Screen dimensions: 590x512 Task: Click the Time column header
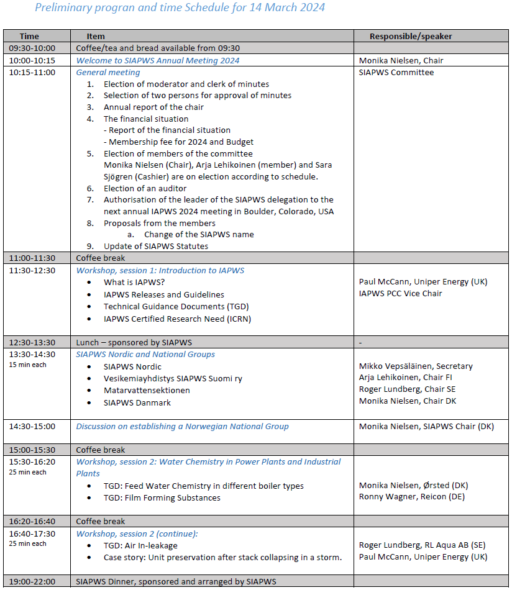point(29,36)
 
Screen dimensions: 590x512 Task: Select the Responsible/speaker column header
point(411,36)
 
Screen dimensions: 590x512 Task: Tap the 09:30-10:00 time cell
point(32,48)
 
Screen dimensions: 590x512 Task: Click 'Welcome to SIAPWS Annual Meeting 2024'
point(157,60)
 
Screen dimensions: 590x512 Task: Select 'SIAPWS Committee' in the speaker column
point(396,72)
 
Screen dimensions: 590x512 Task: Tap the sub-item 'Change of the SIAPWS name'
point(199,234)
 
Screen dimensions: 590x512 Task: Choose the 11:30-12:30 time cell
point(32,270)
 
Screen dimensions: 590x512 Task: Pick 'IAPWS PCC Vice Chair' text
point(401,293)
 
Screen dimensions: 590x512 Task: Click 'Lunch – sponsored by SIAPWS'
point(130,342)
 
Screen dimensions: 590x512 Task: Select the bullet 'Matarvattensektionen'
point(147,390)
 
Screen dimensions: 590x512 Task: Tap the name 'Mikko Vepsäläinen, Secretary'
point(416,366)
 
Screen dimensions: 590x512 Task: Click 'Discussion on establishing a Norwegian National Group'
point(182,426)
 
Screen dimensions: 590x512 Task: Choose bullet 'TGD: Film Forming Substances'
point(162,497)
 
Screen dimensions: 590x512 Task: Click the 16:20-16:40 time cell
point(32,521)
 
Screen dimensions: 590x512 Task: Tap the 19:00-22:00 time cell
point(32,581)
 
